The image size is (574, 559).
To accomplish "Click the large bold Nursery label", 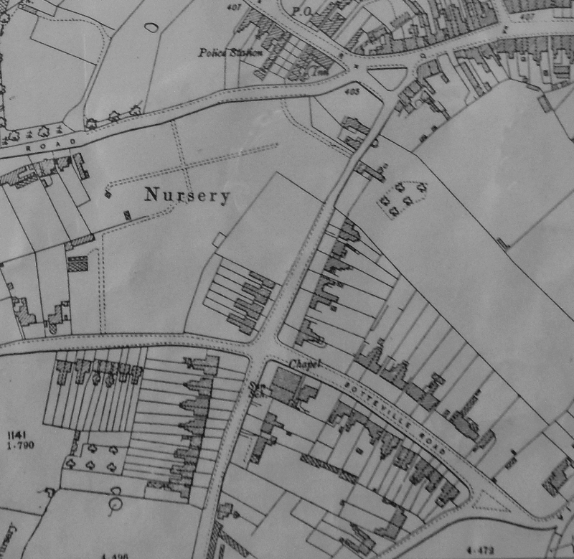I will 187,194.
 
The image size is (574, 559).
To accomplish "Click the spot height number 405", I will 352,91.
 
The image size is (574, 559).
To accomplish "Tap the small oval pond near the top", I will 151,28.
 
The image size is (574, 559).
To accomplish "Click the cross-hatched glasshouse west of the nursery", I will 77,263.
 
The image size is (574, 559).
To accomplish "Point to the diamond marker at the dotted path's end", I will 108,192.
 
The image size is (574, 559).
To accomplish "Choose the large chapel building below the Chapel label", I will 286,387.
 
